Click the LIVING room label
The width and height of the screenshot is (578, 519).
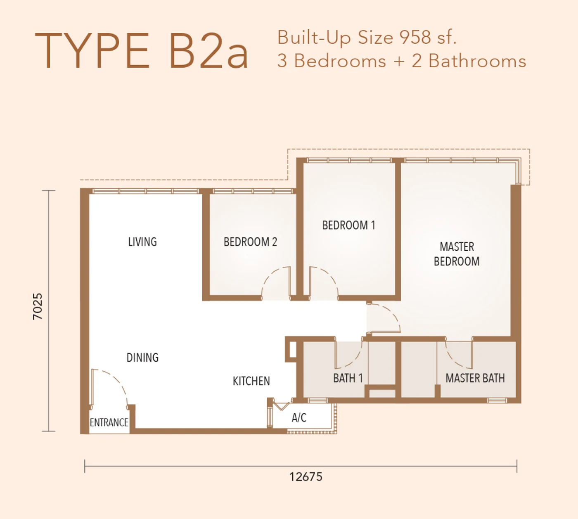142,242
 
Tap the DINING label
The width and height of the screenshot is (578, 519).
142,357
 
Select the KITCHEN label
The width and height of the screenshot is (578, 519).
251,381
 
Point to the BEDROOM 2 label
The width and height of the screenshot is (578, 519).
250,242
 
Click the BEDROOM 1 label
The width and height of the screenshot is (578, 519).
348,225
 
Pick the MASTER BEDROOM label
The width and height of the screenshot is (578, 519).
457,254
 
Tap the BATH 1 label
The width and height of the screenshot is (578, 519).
348,378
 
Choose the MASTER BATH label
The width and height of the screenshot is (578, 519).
475,378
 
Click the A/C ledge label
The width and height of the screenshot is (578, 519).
299,418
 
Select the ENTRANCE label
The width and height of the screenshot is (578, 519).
109,422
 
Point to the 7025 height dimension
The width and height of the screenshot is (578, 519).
38,306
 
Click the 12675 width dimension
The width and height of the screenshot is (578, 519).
306,477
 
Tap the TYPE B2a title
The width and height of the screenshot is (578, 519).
141,51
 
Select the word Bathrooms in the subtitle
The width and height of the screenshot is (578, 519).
477,61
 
